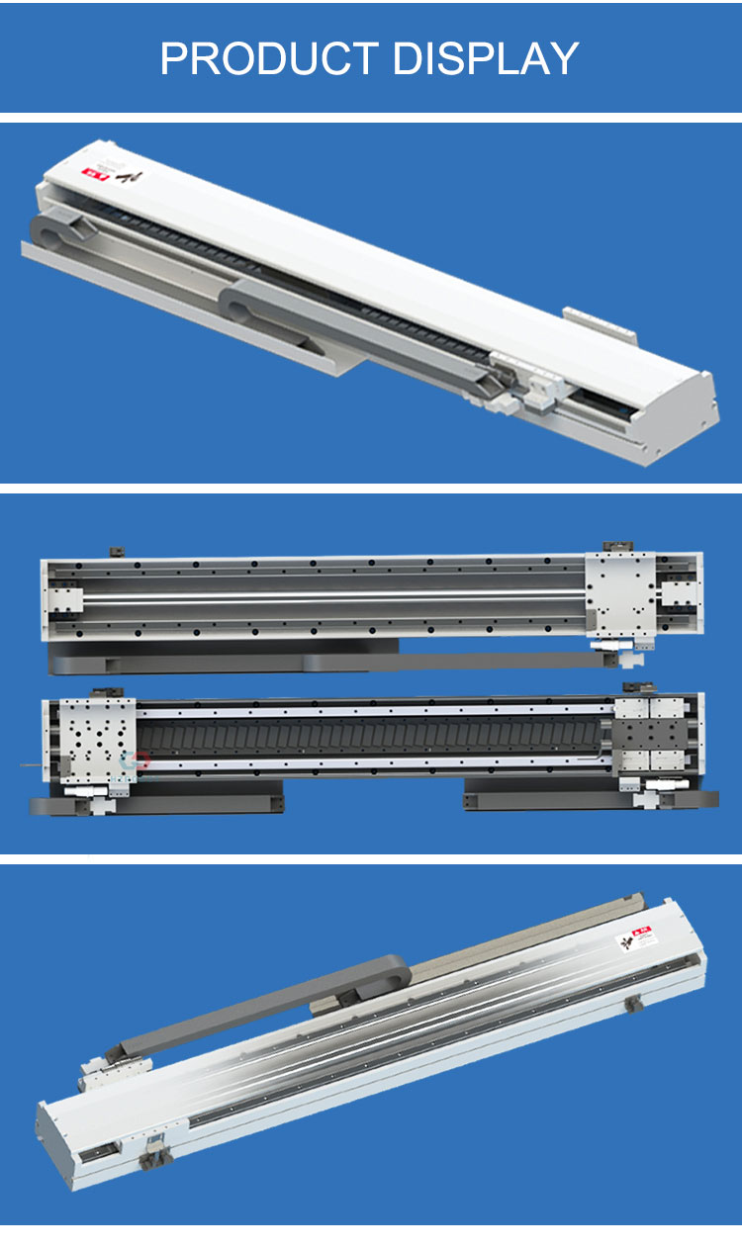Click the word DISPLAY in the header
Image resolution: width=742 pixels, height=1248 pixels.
(486, 59)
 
